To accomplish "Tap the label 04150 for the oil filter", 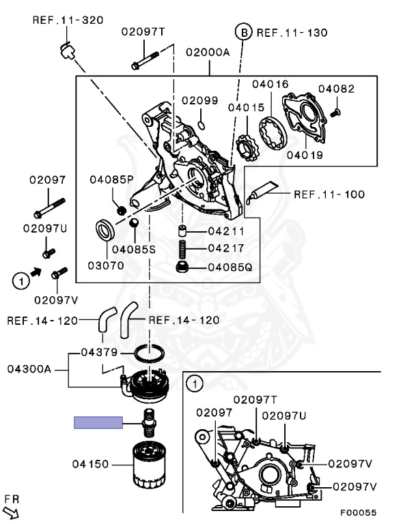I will [90, 465].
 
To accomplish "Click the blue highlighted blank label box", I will [98, 422].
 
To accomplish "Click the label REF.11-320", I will [68, 20].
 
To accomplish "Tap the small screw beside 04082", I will [335, 112].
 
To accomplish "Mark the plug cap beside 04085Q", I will [183, 267].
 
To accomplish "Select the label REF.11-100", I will [329, 194].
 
